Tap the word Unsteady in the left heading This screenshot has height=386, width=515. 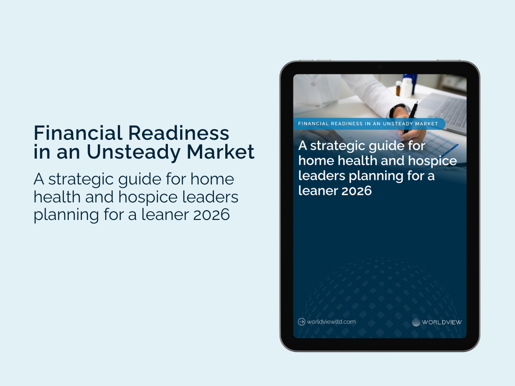[134, 152]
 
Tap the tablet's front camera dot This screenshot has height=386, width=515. [380, 67]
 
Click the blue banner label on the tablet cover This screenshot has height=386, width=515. [368, 124]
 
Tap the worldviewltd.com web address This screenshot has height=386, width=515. [331, 322]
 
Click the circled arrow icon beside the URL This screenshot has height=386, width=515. [302, 322]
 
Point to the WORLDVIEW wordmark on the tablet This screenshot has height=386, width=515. [442, 322]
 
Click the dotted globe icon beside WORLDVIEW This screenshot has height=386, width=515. [416, 322]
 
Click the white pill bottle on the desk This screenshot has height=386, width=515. [407, 86]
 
